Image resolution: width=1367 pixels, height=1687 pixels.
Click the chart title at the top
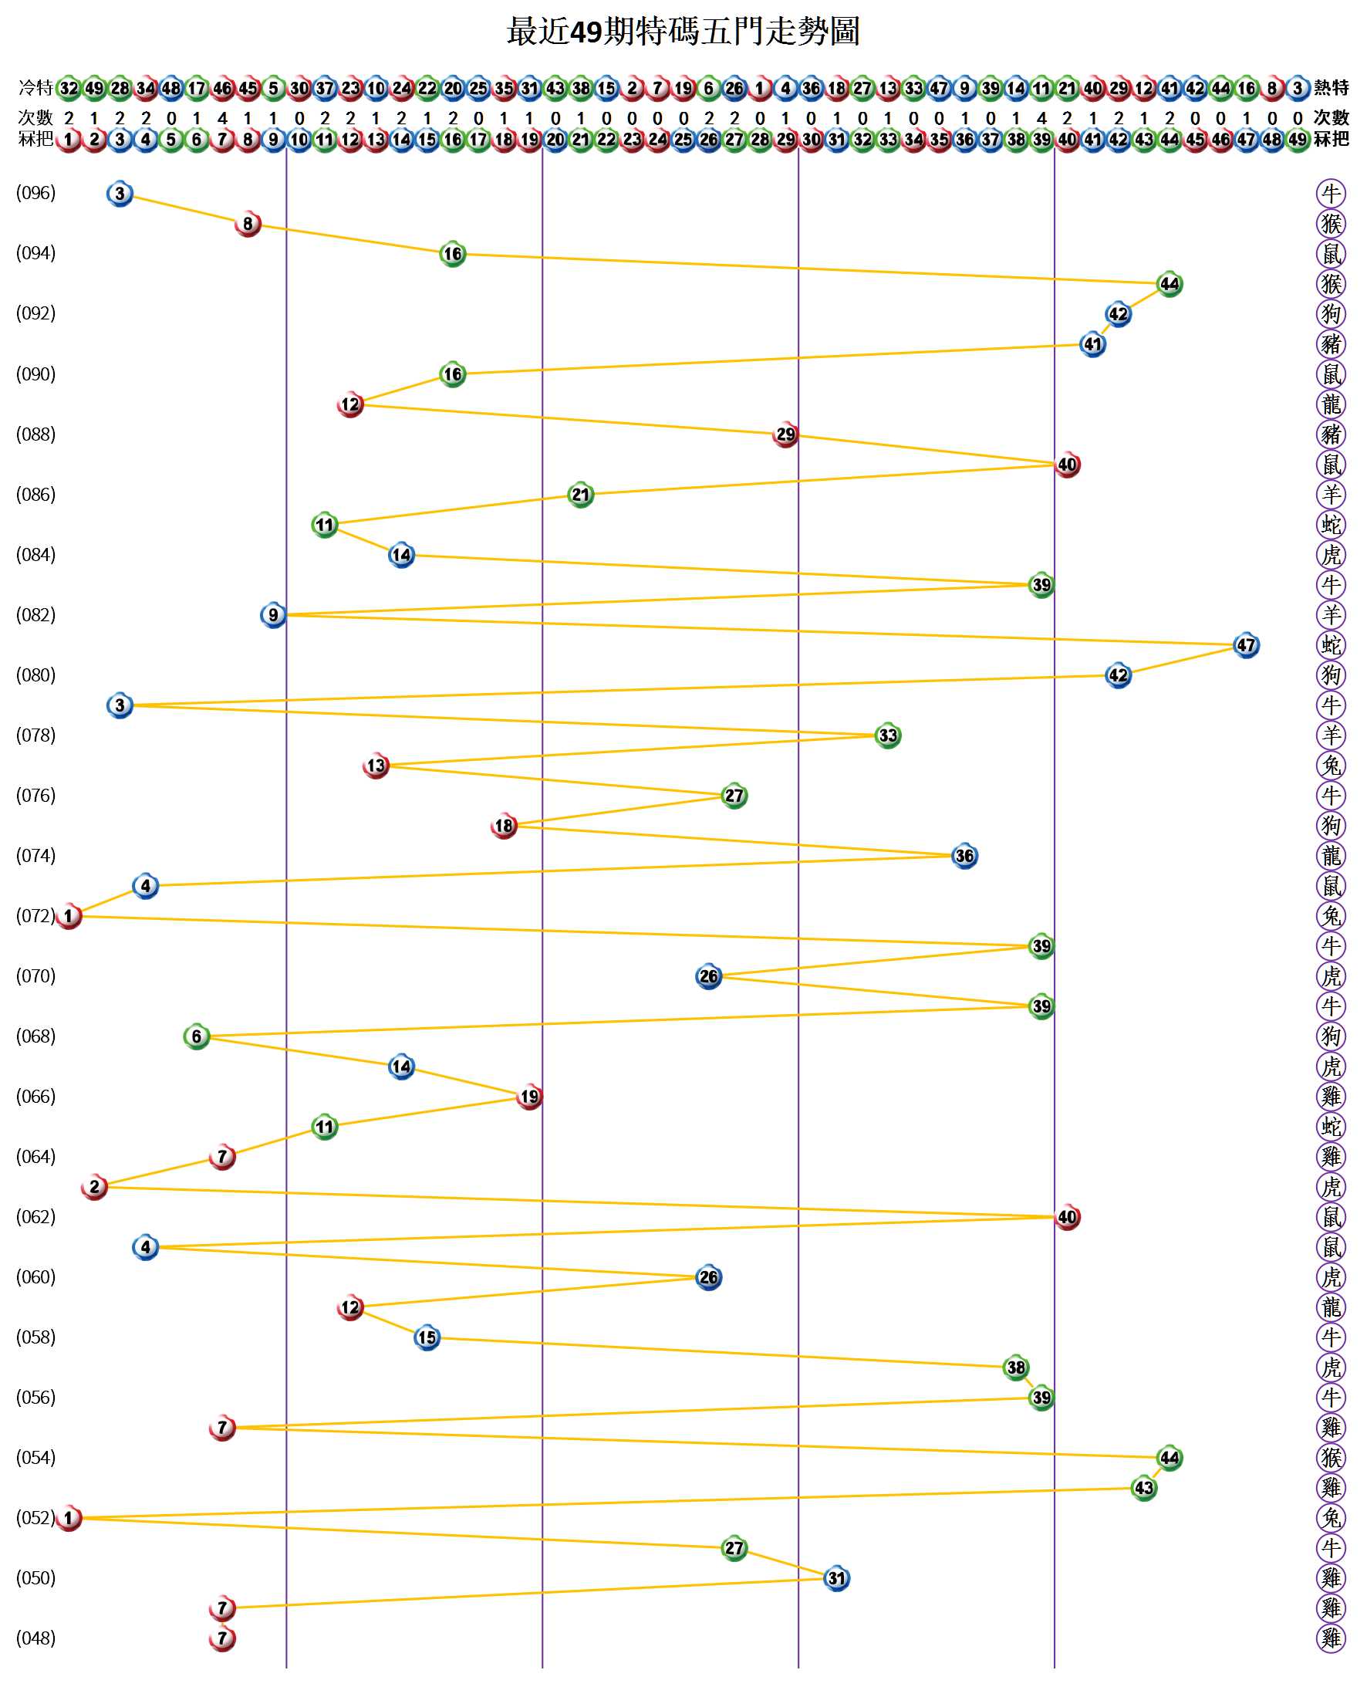(x=683, y=32)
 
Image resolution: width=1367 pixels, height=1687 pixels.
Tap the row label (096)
(x=35, y=193)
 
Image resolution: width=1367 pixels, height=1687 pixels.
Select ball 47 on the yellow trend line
(x=1246, y=645)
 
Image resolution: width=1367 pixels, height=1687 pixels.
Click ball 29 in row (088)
(x=785, y=434)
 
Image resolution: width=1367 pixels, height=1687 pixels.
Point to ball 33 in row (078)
(x=887, y=735)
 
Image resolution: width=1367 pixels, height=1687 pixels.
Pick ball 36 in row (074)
(x=964, y=855)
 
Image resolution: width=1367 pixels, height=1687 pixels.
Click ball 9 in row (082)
(x=273, y=614)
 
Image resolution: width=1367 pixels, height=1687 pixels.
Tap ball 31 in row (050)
(x=836, y=1577)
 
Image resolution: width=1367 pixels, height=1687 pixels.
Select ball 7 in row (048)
(x=222, y=1638)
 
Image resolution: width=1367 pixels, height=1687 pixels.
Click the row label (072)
(x=35, y=915)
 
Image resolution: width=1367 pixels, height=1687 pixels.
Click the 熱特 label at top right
(x=1331, y=87)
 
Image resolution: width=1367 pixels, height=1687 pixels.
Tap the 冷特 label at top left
(x=35, y=87)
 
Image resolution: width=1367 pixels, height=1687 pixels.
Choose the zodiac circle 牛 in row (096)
(x=1331, y=193)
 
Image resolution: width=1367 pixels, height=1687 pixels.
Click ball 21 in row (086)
(x=580, y=495)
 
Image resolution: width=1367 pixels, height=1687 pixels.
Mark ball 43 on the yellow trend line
(x=1143, y=1488)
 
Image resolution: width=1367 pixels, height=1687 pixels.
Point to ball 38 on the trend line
(x=1016, y=1368)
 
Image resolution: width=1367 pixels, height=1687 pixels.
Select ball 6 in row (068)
(x=197, y=1036)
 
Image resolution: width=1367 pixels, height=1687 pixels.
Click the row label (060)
(x=35, y=1276)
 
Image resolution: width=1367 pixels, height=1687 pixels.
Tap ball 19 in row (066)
(x=529, y=1097)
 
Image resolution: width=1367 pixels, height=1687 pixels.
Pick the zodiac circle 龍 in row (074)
(x=1331, y=855)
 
